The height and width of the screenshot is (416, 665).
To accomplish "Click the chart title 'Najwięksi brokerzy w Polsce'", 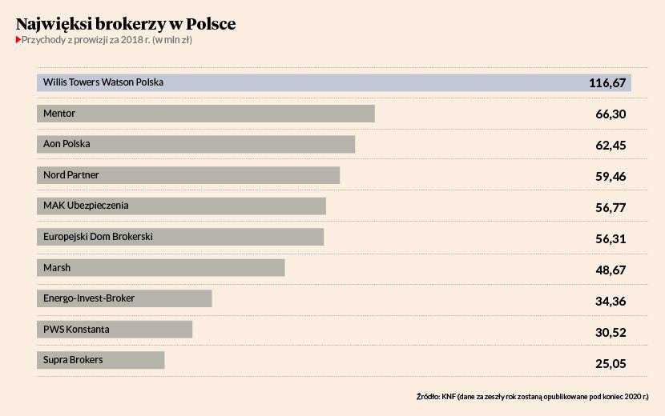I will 126,24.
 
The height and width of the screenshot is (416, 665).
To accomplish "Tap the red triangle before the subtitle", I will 18,39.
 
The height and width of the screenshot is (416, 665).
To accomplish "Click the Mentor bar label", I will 59,114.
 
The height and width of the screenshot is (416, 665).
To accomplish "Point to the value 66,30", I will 611,114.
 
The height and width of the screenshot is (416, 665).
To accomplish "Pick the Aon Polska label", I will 66,144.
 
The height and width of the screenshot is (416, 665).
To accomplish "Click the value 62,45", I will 611,145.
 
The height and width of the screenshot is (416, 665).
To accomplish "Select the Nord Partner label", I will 71,174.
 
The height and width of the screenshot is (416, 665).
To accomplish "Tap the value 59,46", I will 611,176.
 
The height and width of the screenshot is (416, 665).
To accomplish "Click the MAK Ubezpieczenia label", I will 86,206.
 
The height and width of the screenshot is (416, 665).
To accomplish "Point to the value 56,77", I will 611,207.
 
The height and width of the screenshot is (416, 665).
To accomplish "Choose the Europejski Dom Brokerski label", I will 98,237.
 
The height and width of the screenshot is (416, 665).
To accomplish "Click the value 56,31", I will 611,238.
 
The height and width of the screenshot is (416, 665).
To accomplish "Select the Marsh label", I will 57,267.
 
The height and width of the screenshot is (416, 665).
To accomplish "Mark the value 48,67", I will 611,270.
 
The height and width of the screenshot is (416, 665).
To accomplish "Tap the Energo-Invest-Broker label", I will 89,298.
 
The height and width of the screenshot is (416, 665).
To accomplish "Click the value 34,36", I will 611,301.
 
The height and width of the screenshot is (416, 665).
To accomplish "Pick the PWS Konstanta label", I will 76,329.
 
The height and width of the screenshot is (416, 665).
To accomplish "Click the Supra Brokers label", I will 73,360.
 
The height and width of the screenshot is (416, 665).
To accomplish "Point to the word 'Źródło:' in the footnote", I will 428,396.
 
